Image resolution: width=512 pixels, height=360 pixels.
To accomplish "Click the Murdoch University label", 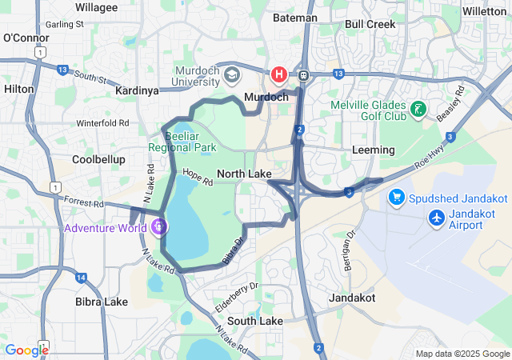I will pyautogui.click(x=197, y=75).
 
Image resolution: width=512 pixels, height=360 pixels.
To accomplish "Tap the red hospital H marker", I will pyautogui.click(x=279, y=74).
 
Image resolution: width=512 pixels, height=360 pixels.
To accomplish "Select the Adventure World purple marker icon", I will pyautogui.click(x=160, y=227).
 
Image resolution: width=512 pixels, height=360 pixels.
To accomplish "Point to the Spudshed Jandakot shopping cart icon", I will pyautogui.click(x=396, y=196).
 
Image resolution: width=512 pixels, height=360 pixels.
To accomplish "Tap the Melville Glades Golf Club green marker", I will pyautogui.click(x=417, y=110).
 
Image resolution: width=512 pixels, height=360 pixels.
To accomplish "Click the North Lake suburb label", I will pyautogui.click(x=244, y=174).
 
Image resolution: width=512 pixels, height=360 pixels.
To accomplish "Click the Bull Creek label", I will pyautogui.click(x=370, y=24).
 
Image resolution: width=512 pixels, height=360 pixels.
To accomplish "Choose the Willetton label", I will pyautogui.click(x=485, y=11).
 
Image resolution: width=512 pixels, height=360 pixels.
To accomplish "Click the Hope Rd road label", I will pyautogui.click(x=198, y=178).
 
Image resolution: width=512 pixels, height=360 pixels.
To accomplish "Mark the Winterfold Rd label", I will pyautogui.click(x=102, y=123).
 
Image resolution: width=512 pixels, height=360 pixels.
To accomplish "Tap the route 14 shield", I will pyautogui.click(x=82, y=278).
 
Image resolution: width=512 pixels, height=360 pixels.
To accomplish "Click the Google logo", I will pyautogui.click(x=26, y=350).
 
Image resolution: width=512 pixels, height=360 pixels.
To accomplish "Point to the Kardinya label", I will pyautogui.click(x=137, y=90).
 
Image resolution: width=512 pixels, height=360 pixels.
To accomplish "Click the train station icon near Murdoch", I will pyautogui.click(x=304, y=74).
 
